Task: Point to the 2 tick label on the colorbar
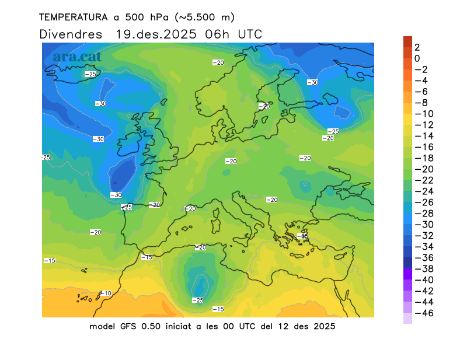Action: pos(417,47)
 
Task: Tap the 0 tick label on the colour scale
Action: pos(417,58)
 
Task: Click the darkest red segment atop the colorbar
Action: pos(407,41)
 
